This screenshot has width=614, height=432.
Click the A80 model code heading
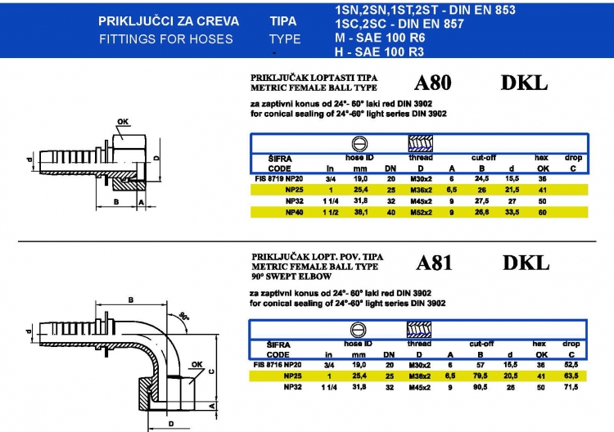coord(433,83)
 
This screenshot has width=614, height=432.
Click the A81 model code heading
coord(434,263)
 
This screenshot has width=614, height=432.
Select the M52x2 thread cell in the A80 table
coord(420,212)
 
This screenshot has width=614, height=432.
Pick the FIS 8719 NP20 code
coord(278,178)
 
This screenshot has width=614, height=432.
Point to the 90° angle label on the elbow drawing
coord(185,317)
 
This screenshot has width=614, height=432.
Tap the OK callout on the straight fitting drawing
coord(123,123)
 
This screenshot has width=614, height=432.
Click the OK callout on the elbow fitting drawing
coord(196,364)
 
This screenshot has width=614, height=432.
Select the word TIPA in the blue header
coord(283,22)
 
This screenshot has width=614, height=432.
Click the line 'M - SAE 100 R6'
coord(379,38)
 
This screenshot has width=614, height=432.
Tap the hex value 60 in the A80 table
coord(541,212)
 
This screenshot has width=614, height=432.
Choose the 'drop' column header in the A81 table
coord(571,344)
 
